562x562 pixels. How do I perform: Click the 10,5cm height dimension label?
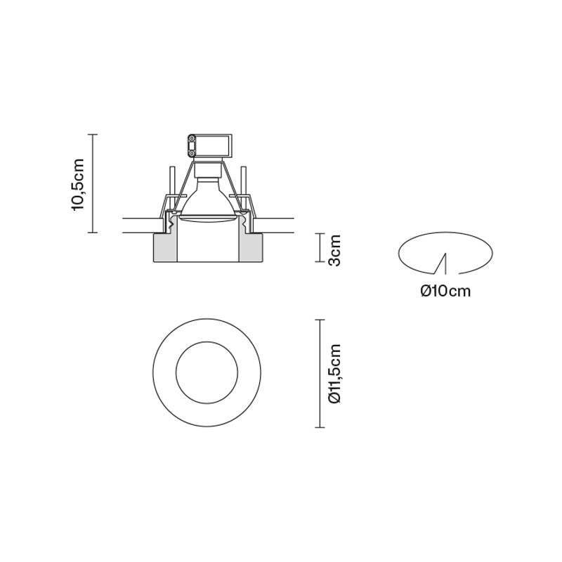point(78,184)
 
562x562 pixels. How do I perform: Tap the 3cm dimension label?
point(334,251)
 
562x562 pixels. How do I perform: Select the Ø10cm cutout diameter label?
point(445,291)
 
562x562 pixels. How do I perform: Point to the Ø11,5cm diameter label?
point(334,374)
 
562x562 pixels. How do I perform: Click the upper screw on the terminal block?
point(192,138)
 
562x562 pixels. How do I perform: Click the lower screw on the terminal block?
point(192,154)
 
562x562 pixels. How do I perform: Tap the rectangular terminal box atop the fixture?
point(210,146)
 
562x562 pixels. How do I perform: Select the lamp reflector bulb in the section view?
point(208,200)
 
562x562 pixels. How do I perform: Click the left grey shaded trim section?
point(165,248)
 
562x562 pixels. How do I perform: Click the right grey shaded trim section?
point(251,248)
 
